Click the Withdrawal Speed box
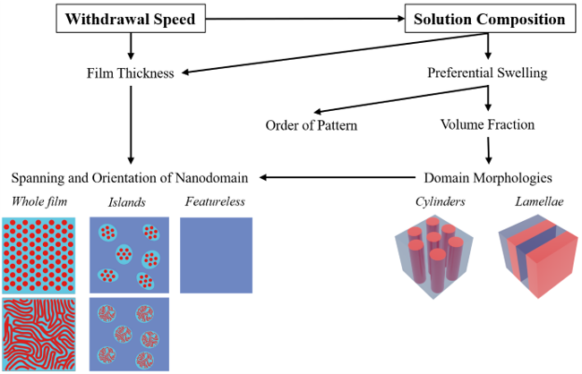131,18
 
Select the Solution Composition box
488,18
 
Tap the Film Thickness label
131,72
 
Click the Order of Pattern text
312,124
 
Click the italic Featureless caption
216,201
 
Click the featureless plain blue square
216,255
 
